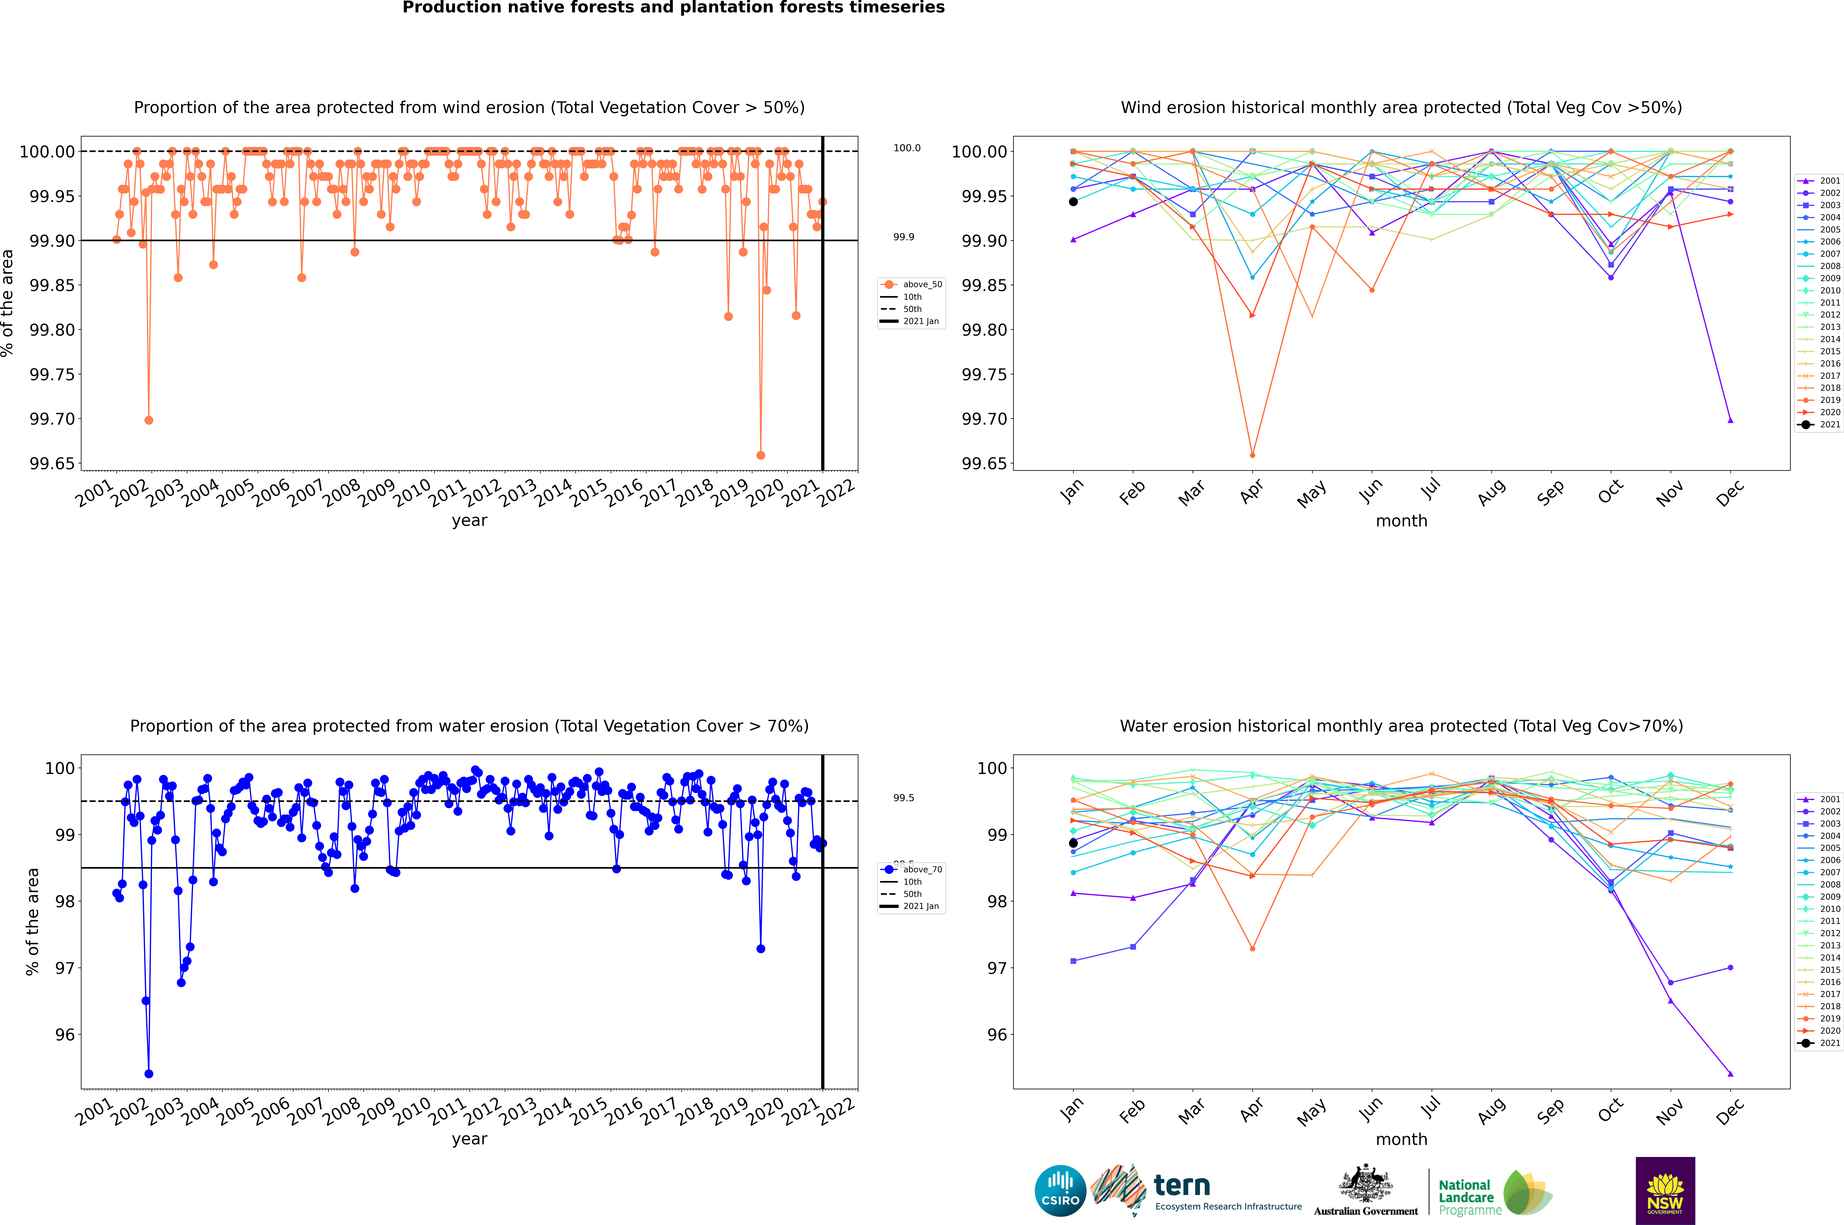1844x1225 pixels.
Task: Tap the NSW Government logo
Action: [x=1665, y=1191]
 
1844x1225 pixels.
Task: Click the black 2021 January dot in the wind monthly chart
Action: [x=1073, y=202]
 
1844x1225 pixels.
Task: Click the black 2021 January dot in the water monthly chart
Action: [x=1073, y=843]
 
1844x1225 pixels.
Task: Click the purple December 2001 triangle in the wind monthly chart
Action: [x=1730, y=420]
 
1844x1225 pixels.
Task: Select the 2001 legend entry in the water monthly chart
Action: [x=1821, y=799]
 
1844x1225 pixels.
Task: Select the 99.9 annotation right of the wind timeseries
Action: [x=904, y=237]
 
